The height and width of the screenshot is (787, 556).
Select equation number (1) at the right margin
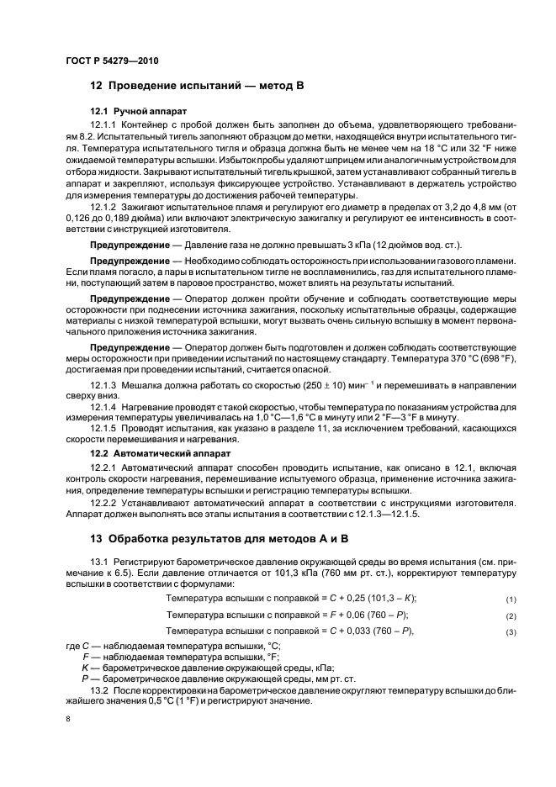[x=510, y=599]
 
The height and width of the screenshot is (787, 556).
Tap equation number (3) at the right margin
[x=510, y=631]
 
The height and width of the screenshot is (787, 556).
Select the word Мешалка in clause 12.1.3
[x=146, y=384]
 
